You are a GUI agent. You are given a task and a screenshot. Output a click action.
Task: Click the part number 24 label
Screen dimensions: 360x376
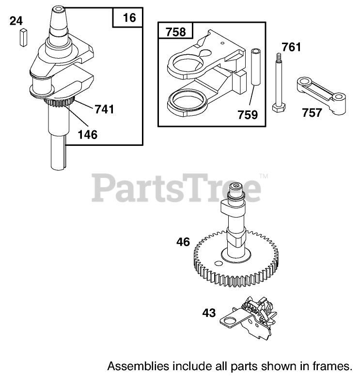tap(16, 21)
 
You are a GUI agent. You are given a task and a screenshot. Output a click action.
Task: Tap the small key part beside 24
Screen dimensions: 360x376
tap(23, 37)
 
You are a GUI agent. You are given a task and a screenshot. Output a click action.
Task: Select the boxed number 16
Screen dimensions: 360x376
tap(128, 19)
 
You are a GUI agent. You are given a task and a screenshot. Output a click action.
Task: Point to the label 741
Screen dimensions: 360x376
tap(104, 110)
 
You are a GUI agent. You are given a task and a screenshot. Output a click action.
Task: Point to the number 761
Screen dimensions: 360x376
tap(291, 47)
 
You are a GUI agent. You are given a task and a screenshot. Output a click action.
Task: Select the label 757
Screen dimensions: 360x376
tap(311, 113)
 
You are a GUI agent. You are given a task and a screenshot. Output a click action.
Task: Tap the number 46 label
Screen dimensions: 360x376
tap(184, 241)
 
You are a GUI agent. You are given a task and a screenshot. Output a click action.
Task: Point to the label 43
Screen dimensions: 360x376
tap(209, 313)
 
